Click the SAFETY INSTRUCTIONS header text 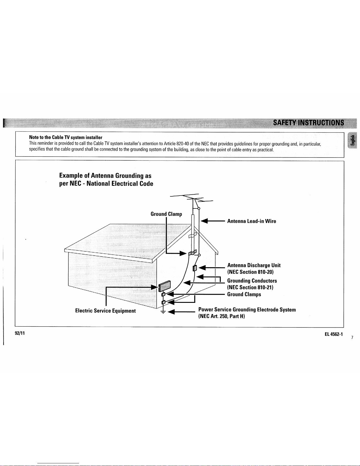click(308, 123)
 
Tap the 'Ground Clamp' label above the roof click(166, 214)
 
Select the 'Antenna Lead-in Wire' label click(252, 221)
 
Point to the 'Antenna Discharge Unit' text click(254, 265)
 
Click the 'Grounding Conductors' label click(252, 281)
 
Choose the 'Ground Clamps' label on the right click(244, 294)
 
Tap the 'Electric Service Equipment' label click(105, 311)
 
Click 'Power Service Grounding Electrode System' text click(247, 310)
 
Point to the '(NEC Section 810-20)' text click(250, 272)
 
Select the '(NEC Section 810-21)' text click(250, 288)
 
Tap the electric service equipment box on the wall click(164, 286)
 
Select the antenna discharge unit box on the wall click(194, 268)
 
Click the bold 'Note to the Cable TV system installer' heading click(66, 137)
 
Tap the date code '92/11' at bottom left click(20, 333)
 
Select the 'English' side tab click(351, 141)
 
